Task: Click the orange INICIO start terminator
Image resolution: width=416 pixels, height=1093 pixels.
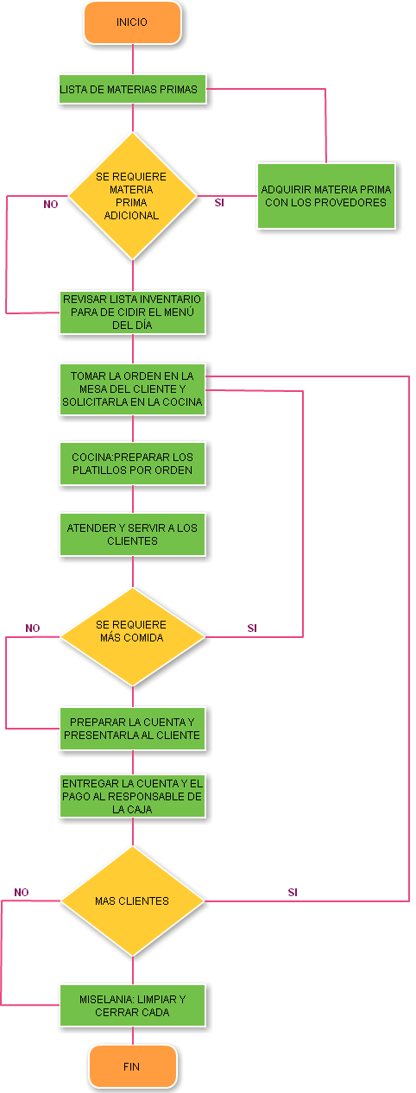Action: click(132, 22)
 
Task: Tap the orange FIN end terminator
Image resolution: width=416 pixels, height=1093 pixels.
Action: click(132, 1066)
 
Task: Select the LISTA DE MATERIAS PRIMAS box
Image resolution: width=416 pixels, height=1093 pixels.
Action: click(132, 89)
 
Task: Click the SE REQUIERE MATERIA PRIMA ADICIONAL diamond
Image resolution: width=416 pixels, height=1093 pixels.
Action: click(132, 195)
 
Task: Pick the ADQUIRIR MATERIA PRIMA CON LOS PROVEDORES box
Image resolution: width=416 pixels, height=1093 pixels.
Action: click(325, 196)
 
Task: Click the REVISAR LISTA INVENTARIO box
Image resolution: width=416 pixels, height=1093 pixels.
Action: click(132, 312)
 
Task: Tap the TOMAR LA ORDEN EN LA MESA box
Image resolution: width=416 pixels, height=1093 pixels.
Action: click(132, 389)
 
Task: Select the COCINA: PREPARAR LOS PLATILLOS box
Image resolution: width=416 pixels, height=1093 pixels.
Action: click(132, 464)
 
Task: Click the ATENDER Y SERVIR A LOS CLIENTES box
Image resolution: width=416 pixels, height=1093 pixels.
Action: click(132, 534)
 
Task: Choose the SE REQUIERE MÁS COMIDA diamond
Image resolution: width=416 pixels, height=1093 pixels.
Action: click(132, 636)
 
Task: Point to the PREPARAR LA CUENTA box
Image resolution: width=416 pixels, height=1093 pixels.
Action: click(132, 729)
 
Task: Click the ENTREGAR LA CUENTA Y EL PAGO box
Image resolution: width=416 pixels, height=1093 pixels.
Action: click(132, 796)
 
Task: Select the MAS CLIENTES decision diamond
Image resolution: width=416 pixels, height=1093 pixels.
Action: click(132, 900)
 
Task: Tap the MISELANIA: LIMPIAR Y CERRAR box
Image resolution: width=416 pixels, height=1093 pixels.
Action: click(132, 1005)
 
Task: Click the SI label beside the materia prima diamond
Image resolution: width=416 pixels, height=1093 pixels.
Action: click(219, 203)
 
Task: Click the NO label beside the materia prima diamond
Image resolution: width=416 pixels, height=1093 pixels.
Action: click(51, 205)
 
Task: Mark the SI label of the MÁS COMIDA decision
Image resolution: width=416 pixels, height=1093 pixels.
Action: click(252, 629)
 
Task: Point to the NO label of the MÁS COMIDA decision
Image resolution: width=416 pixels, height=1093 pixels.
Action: click(33, 629)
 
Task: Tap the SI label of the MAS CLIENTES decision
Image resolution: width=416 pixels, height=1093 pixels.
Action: click(293, 892)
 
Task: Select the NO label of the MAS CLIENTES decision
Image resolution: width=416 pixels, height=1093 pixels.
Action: click(22, 892)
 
